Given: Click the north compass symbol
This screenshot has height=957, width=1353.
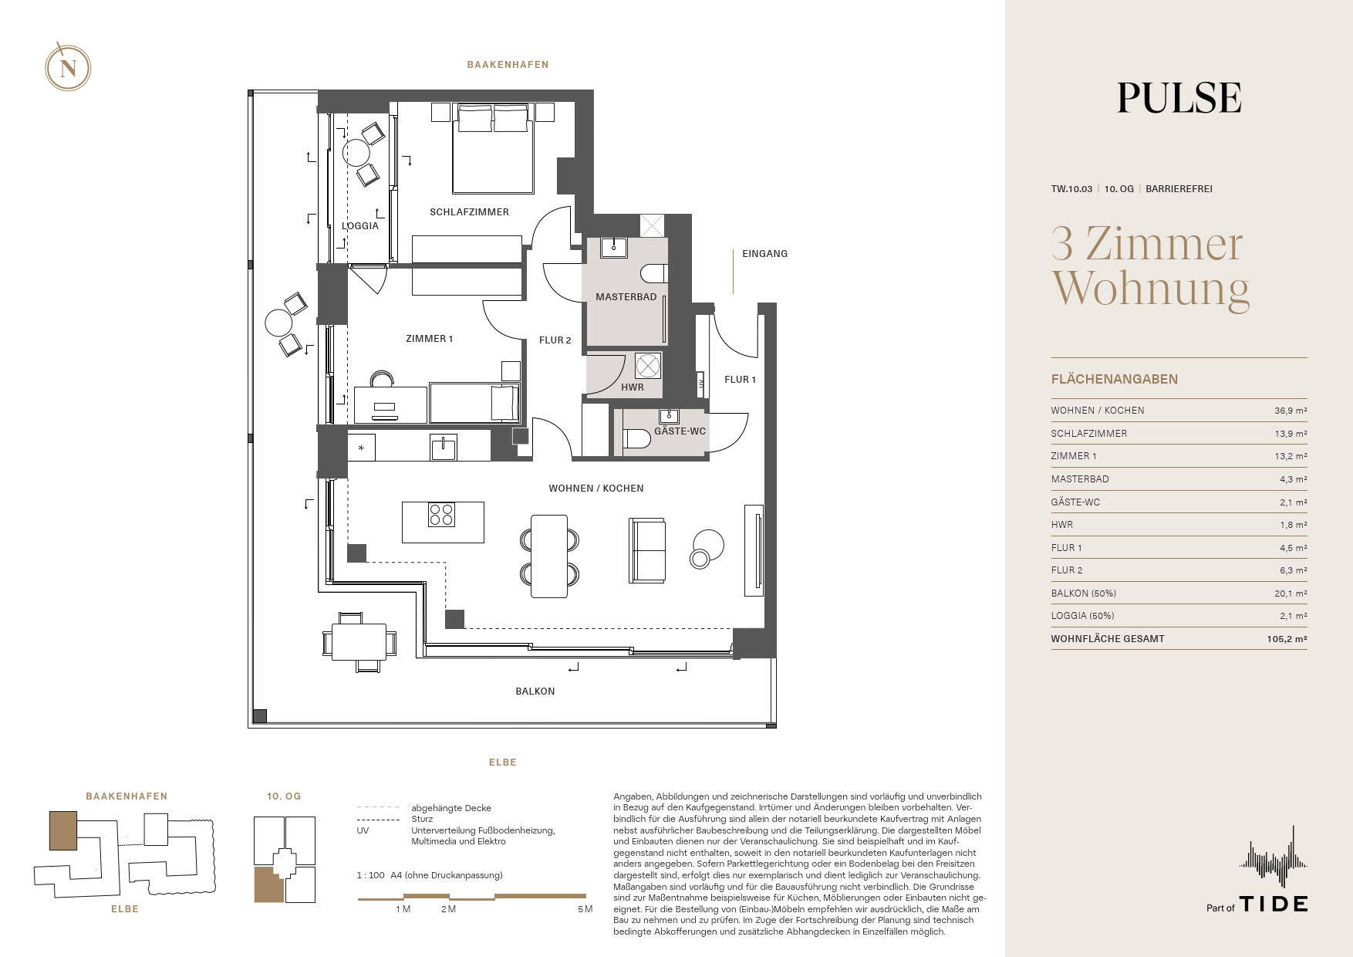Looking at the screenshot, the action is (x=68, y=68).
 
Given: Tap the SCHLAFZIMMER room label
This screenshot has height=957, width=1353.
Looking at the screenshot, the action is (x=469, y=212).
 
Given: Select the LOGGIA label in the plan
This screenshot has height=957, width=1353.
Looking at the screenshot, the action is (x=360, y=226).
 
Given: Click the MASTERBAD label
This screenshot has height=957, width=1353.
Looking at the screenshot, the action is (x=626, y=297).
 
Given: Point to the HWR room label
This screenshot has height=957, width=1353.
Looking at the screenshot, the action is (x=633, y=387).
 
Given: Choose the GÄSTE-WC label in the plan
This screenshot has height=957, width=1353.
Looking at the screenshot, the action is (x=680, y=431).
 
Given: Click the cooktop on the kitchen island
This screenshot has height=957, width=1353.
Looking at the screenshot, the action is (x=442, y=514).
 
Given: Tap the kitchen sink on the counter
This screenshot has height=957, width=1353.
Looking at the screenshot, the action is (x=444, y=448).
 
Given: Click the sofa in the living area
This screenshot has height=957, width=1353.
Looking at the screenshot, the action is (x=647, y=550).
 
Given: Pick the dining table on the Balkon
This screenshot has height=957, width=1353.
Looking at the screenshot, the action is (x=359, y=641).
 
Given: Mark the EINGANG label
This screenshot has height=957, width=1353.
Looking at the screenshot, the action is (x=764, y=254).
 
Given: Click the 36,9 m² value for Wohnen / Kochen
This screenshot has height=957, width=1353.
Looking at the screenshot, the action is (x=1291, y=411).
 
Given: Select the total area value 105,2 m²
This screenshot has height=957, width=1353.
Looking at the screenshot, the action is (x=1287, y=639).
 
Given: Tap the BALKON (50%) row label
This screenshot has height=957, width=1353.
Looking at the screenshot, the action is (x=1083, y=593).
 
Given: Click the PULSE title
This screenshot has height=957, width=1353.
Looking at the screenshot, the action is (x=1179, y=98).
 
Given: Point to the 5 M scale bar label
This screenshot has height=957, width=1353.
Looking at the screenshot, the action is (x=585, y=909).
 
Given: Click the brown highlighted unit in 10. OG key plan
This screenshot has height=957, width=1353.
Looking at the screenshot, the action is (x=268, y=884).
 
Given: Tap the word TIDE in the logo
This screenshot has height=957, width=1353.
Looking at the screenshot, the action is (x=1274, y=904).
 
